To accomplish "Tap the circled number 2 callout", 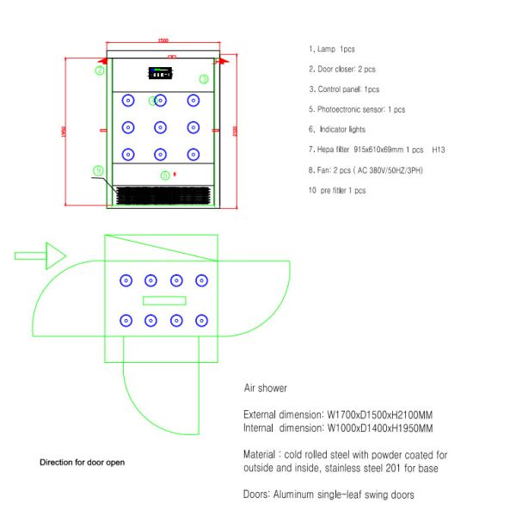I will click(100, 71).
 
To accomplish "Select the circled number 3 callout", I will click(204, 78).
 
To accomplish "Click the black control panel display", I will click(161, 72).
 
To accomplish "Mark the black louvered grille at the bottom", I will click(163, 197).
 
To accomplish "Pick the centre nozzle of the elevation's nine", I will click(160, 127).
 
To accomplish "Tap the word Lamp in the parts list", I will click(326, 49).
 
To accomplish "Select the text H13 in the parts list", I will click(438, 150).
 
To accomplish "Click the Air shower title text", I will click(266, 388).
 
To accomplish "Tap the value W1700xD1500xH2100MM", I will click(380, 414).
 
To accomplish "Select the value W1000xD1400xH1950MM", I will click(380, 427).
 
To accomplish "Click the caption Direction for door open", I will click(82, 462).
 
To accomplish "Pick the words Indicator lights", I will click(342, 130).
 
